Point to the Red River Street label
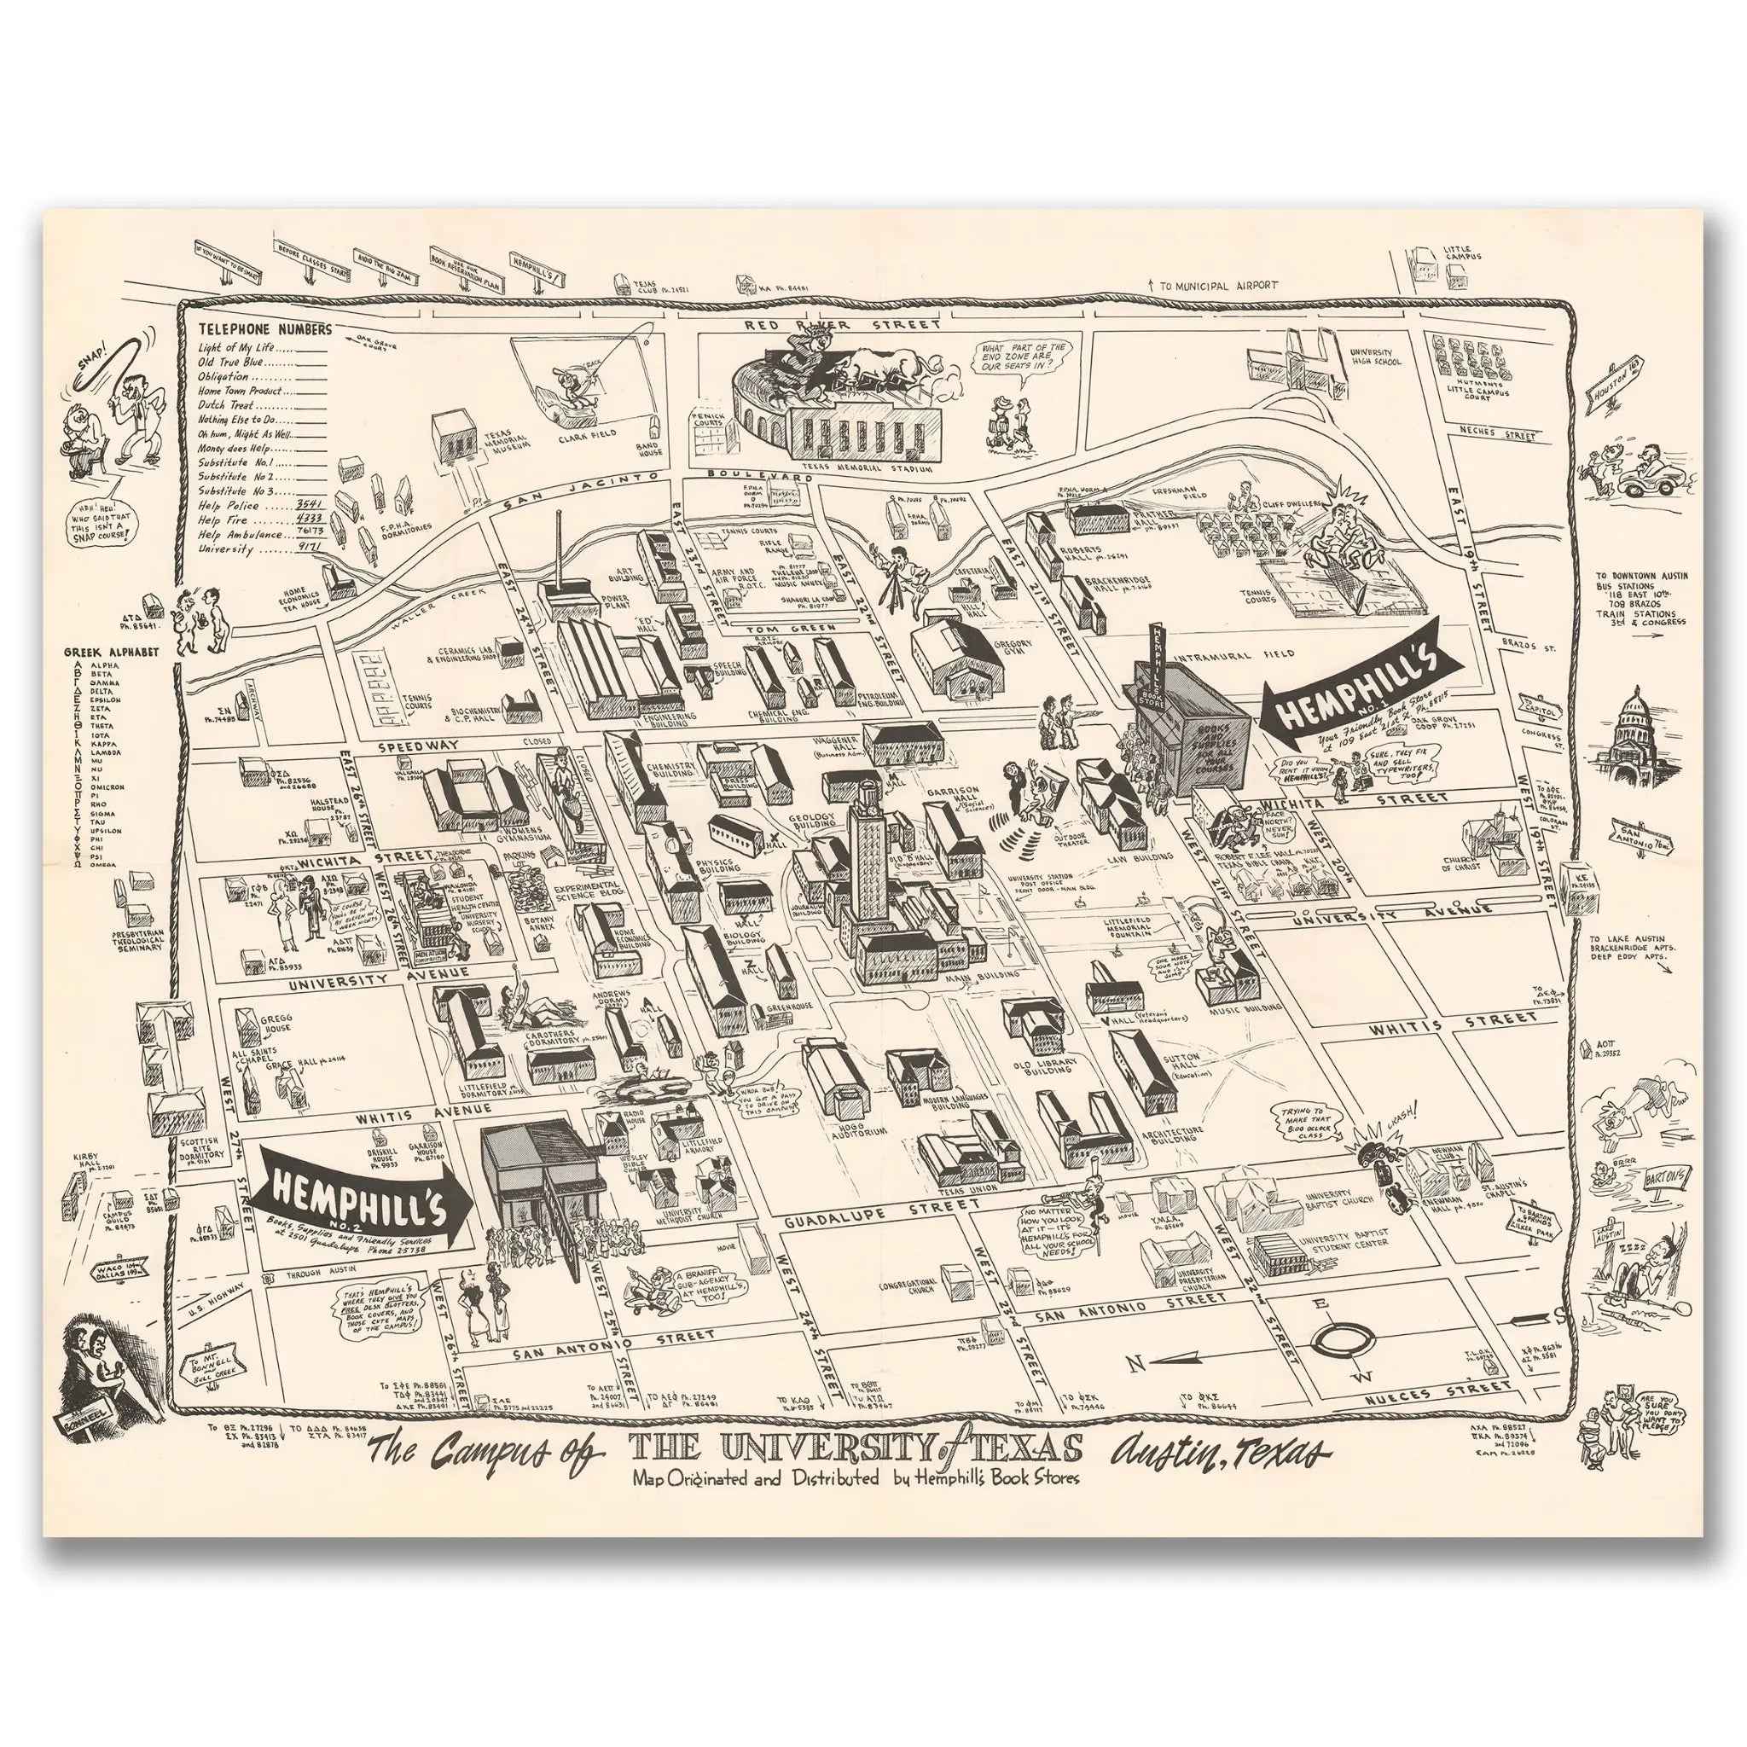point(841,322)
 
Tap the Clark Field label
point(592,434)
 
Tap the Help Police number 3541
point(311,506)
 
